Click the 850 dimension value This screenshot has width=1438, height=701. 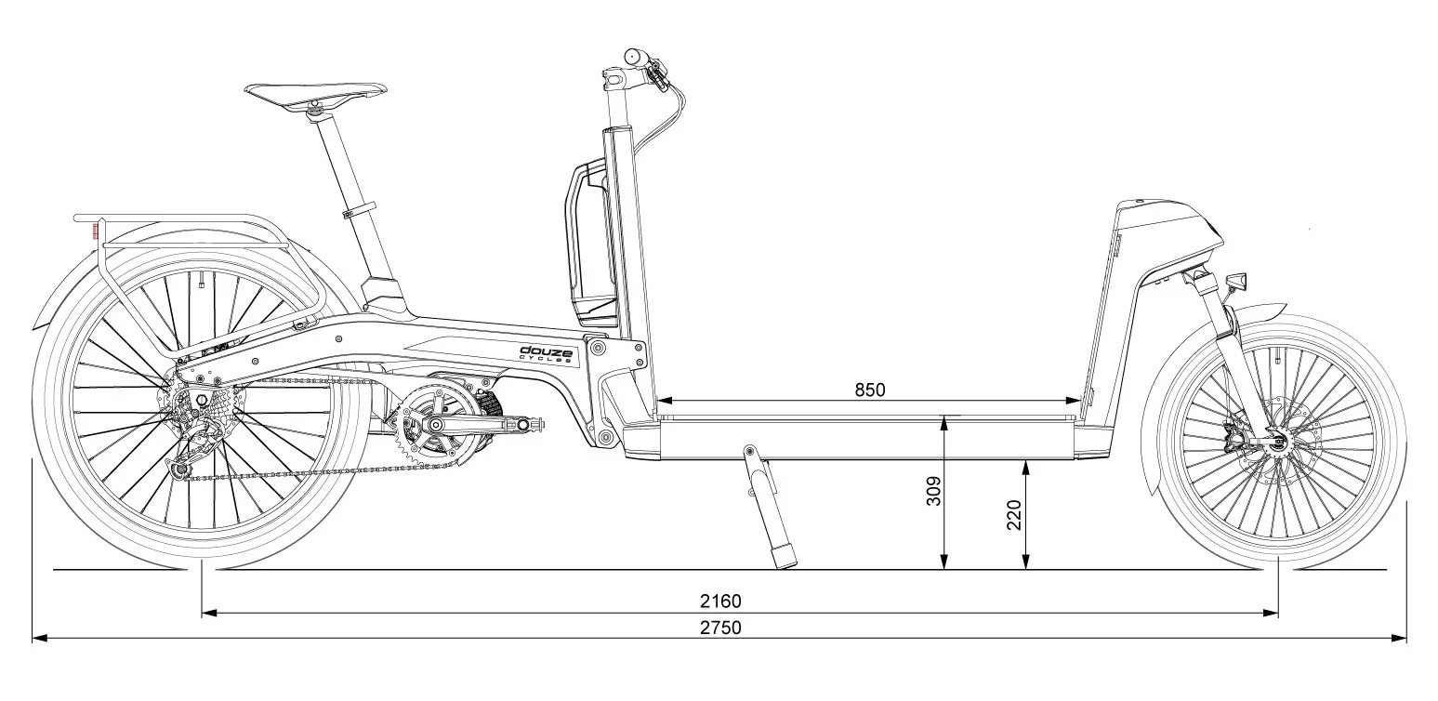(870, 390)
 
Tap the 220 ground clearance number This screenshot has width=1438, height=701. (1015, 514)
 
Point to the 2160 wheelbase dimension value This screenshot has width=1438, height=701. (722, 602)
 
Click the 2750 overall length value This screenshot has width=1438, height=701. (720, 628)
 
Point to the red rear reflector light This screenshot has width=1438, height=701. (94, 230)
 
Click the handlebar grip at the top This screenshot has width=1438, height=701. (636, 56)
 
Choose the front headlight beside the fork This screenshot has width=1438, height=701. (1237, 279)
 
